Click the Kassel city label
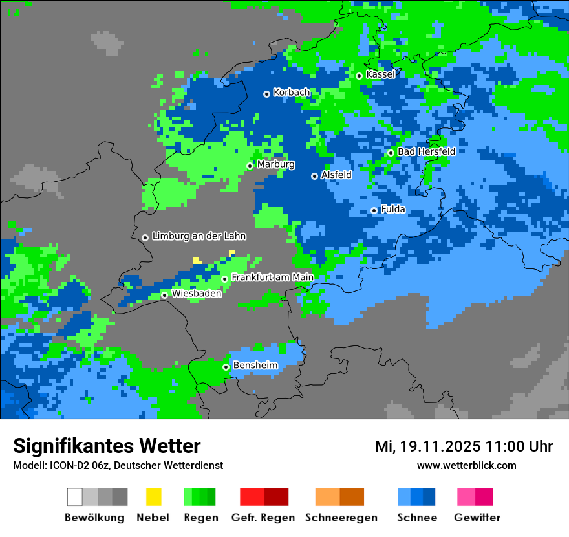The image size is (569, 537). pyautogui.click(x=380, y=74)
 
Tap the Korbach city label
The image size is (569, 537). pyautogui.click(x=292, y=93)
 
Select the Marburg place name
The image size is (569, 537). pyautogui.click(x=275, y=164)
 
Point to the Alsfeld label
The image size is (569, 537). pyautogui.click(x=336, y=175)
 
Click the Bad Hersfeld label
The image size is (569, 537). pyautogui.click(x=426, y=151)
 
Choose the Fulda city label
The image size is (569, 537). pyautogui.click(x=392, y=209)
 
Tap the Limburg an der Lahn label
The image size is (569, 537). pyautogui.click(x=199, y=236)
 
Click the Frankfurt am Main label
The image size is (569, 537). pyautogui.click(x=272, y=277)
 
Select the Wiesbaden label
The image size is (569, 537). pyautogui.click(x=197, y=294)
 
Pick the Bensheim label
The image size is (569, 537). pyautogui.click(x=255, y=366)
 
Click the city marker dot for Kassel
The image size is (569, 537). pyautogui.click(x=359, y=76)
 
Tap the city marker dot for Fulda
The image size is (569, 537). pyautogui.click(x=374, y=210)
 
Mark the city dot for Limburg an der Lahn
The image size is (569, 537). pyautogui.click(x=145, y=237)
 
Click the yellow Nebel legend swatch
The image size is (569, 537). pyautogui.click(x=153, y=497)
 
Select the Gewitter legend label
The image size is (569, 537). pyautogui.click(x=477, y=518)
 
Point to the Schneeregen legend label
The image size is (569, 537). pyautogui.click(x=341, y=518)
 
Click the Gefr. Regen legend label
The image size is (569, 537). pyautogui.click(x=263, y=518)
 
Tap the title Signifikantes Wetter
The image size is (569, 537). pyautogui.click(x=107, y=446)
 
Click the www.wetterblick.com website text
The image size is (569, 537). pyautogui.click(x=466, y=465)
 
